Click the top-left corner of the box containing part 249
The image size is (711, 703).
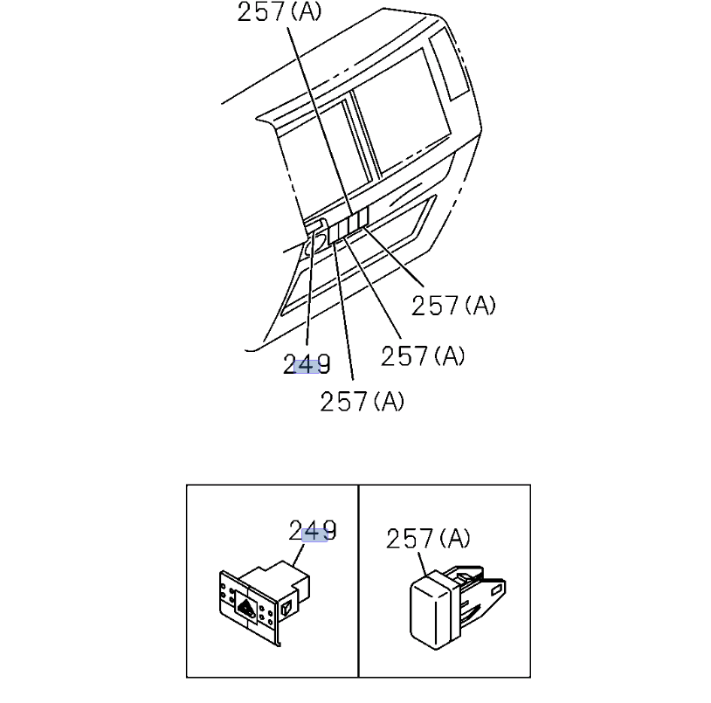click(x=187, y=485)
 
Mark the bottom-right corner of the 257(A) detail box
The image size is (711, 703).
click(x=530, y=677)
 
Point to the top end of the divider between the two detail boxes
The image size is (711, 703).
click(x=358, y=485)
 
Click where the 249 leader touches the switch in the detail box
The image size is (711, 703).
click(x=293, y=567)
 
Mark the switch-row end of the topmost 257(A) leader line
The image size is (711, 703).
click(x=352, y=214)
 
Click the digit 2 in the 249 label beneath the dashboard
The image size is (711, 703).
click(x=290, y=364)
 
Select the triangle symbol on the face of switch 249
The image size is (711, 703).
click(x=245, y=607)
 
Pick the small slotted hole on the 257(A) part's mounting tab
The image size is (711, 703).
click(x=496, y=589)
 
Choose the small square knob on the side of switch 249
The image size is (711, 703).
click(x=286, y=607)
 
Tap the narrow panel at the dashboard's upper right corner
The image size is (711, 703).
click(x=448, y=64)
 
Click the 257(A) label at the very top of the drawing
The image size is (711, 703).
click(x=280, y=11)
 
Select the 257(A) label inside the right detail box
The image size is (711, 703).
click(x=428, y=539)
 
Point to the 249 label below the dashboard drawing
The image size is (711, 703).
click(x=307, y=364)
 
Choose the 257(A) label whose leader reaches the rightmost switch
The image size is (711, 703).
click(x=453, y=305)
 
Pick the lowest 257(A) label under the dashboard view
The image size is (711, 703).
click(x=362, y=402)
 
